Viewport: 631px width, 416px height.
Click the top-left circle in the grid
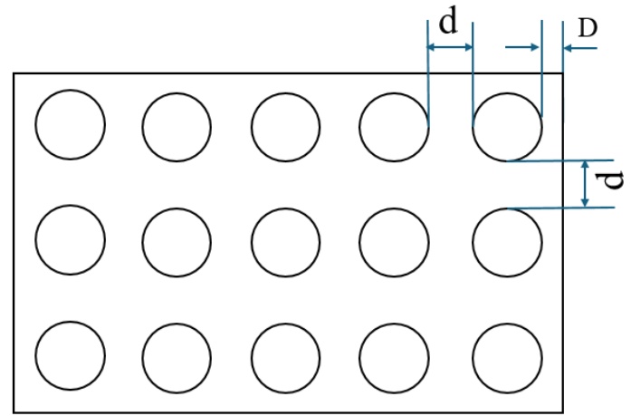71,124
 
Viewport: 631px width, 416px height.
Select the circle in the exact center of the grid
286,242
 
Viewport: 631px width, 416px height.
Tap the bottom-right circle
507,353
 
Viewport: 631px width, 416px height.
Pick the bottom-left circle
71,353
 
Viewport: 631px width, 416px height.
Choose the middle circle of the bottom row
286,353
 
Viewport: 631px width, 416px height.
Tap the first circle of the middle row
71,242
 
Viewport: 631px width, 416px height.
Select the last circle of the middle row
507,242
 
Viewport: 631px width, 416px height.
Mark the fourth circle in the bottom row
394,353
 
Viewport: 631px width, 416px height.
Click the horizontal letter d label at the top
448,23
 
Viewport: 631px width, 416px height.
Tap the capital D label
588,28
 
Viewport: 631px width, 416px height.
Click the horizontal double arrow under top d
450,47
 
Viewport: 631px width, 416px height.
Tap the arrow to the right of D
580,47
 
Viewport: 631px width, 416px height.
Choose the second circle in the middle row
177,242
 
